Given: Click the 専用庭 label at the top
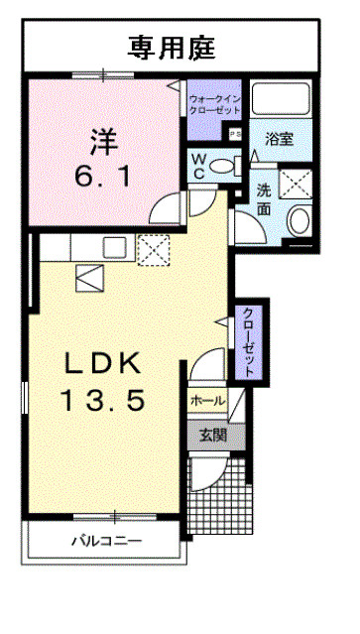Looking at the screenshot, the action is pyautogui.click(x=171, y=48).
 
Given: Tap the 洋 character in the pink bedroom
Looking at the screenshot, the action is pyautogui.click(x=103, y=141).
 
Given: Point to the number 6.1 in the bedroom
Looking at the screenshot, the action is pyautogui.click(x=102, y=177).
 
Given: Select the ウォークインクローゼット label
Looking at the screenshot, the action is pyautogui.click(x=214, y=104).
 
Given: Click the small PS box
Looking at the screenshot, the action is pyautogui.click(x=235, y=135).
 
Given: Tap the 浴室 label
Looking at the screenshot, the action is pyautogui.click(x=279, y=139).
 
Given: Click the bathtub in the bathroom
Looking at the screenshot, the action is pyautogui.click(x=282, y=98).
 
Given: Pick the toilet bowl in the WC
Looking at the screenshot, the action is pyautogui.click(x=224, y=166).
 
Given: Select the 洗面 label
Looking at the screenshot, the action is pyautogui.click(x=264, y=200).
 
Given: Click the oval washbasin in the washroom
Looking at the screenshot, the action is pyautogui.click(x=300, y=221).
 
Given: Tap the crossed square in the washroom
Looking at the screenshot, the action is pyautogui.click(x=296, y=184).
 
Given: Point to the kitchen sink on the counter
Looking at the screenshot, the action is pyautogui.click(x=114, y=247).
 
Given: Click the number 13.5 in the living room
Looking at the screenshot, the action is pyautogui.click(x=102, y=402).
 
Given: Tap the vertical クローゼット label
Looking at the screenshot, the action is pyautogui.click(x=249, y=342).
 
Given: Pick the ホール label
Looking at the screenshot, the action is pyautogui.click(x=207, y=401).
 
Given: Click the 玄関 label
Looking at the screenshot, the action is pyautogui.click(x=213, y=436).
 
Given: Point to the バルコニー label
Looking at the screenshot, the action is pyautogui.click(x=107, y=541).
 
